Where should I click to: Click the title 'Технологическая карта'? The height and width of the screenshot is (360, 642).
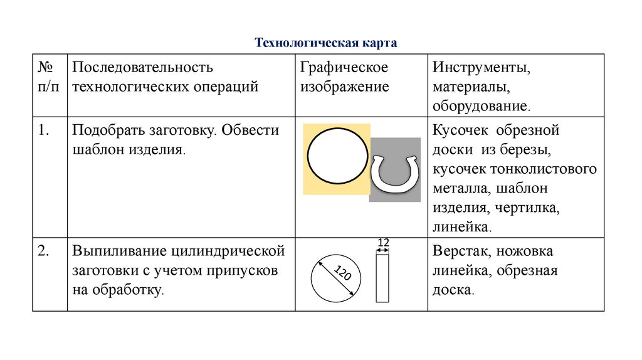click(x=326, y=43)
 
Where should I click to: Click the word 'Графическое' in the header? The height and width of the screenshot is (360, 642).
click(x=344, y=67)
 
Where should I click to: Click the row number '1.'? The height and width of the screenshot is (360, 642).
click(x=43, y=130)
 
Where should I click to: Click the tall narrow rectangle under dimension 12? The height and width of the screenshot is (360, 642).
click(x=382, y=277)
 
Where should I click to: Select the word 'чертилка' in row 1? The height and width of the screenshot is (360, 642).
click(x=527, y=208)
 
